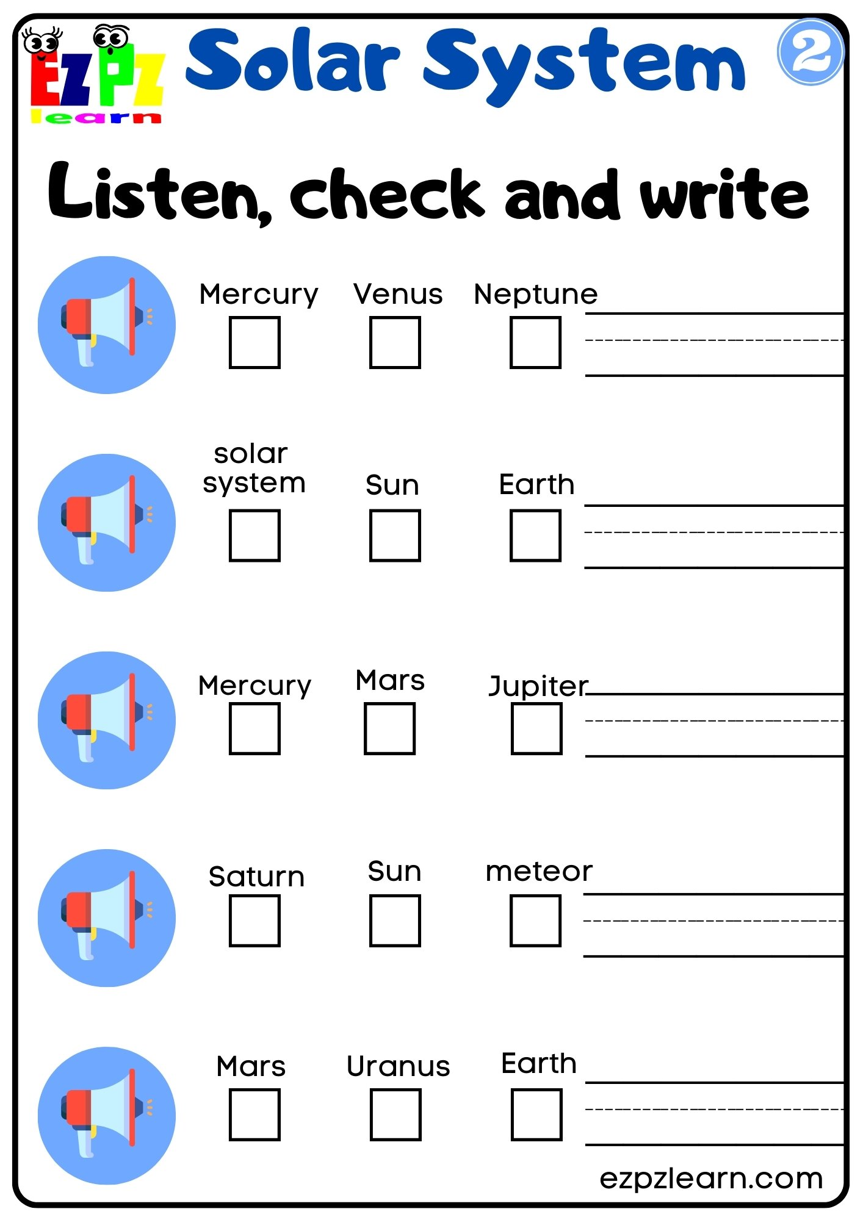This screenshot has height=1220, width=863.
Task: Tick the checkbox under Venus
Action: (395, 342)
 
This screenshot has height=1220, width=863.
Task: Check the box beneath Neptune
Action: (535, 342)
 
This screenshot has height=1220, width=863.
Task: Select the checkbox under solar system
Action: (255, 535)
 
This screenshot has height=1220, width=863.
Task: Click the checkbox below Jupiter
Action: (536, 728)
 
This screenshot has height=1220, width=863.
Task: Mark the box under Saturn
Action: (255, 920)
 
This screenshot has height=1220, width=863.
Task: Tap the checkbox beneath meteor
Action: (535, 920)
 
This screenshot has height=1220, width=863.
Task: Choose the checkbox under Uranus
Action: (395, 1114)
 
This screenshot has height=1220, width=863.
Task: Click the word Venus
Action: (398, 294)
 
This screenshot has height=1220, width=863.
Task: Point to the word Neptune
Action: (535, 294)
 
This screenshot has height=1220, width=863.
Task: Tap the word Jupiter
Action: (538, 686)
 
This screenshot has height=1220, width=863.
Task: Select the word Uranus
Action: (398, 1066)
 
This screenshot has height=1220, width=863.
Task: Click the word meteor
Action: (538, 871)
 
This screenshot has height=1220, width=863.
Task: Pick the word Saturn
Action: (256, 877)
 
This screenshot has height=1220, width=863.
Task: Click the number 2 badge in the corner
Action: (810, 52)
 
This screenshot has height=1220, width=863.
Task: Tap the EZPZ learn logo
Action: (96, 74)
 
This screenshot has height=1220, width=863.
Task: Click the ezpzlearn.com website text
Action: (711, 1179)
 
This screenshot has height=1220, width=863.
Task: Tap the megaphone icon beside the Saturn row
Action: (107, 917)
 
